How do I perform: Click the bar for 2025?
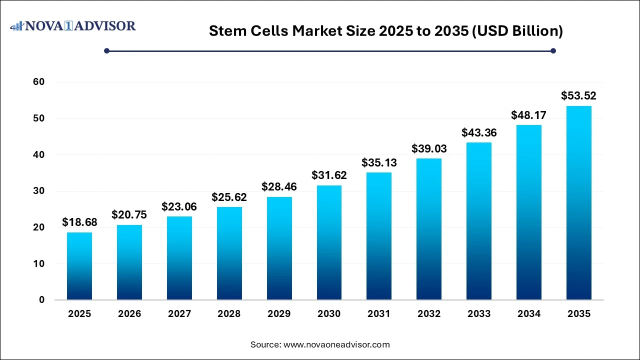point(79,266)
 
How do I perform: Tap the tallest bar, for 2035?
point(579,203)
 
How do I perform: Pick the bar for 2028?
point(229,253)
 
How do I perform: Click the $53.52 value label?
point(578,96)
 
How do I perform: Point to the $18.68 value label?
point(79,222)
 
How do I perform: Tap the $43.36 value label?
point(479,132)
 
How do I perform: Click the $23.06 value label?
point(179,206)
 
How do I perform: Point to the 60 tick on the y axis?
point(39,82)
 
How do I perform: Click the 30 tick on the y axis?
point(39,191)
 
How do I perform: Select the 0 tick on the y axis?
point(42,300)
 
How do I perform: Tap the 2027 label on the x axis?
point(179,314)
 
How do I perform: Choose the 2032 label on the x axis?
point(429,314)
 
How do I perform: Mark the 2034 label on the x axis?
point(529,314)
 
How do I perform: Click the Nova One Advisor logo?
point(73,25)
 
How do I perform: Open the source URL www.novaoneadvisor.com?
point(336,344)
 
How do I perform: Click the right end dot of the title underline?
point(553,50)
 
